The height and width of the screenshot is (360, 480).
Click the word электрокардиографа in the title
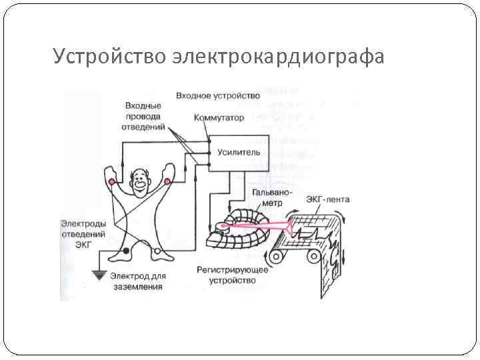point(277,57)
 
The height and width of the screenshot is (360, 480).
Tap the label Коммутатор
point(219,118)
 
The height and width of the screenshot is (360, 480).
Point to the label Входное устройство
point(217,96)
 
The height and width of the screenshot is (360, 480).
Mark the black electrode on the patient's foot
point(125,251)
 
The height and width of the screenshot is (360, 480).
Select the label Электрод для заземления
point(137,281)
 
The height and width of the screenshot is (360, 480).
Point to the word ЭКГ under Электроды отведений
point(83,245)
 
